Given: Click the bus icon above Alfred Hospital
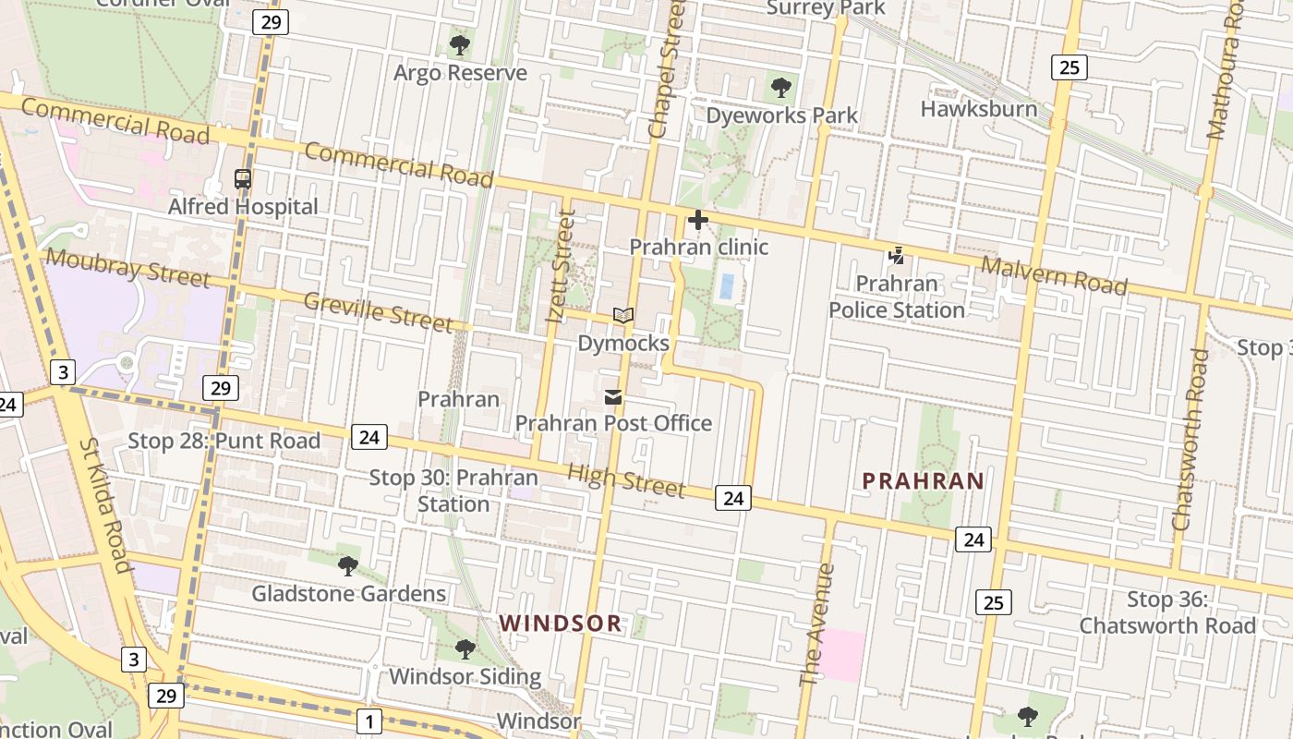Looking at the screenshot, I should pyautogui.click(x=243, y=179).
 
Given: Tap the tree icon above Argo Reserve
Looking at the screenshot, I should pyautogui.click(x=459, y=45).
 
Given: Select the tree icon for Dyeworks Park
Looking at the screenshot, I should pyautogui.click(x=780, y=89).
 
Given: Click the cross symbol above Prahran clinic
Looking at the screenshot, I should pyautogui.click(x=698, y=220).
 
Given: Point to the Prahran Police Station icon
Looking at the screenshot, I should pyautogui.click(x=895, y=256).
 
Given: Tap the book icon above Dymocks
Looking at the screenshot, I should pyautogui.click(x=623, y=316).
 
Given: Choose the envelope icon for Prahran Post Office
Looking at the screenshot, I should pyautogui.click(x=612, y=397).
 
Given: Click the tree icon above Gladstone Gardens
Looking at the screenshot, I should pyautogui.click(x=348, y=565).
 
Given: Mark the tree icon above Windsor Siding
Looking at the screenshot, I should pyautogui.click(x=465, y=649).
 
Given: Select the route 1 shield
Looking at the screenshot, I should pyautogui.click(x=369, y=721).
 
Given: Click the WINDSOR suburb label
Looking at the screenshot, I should pyautogui.click(x=561, y=624).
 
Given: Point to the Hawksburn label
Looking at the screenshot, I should pyautogui.click(x=979, y=109).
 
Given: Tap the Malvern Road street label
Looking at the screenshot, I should pyautogui.click(x=1054, y=275).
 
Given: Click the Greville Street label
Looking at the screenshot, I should pyautogui.click(x=378, y=311).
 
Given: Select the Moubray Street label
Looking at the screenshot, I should pyautogui.click(x=127, y=267).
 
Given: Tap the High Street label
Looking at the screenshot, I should pyautogui.click(x=626, y=479).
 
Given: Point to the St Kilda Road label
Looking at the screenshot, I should pyautogui.click(x=104, y=504).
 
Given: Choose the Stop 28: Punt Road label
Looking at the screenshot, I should pyautogui.click(x=224, y=441).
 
